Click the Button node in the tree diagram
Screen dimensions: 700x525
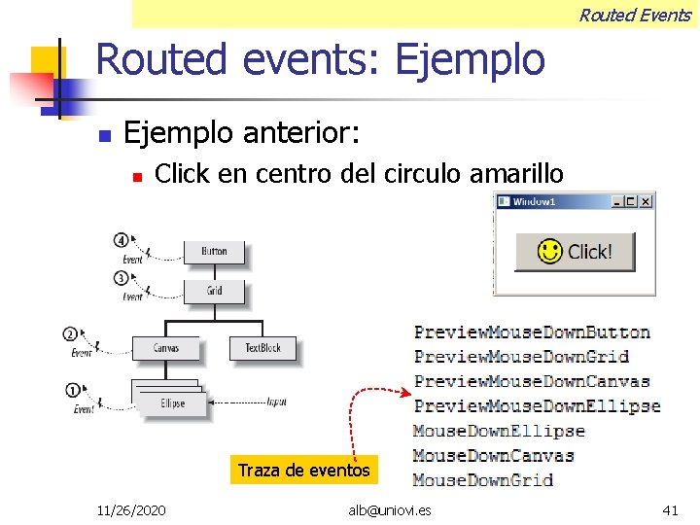pyautogui.click(x=214, y=252)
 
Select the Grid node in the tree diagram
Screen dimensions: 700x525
pyautogui.click(x=214, y=291)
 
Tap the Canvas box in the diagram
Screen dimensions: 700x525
pyautogui.click(x=165, y=348)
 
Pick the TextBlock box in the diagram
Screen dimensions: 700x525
pyautogui.click(x=262, y=348)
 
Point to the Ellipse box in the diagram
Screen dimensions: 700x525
pyautogui.click(x=173, y=403)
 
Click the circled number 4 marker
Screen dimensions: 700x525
pyautogui.click(x=121, y=239)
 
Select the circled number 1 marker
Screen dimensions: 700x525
pyautogui.click(x=72, y=391)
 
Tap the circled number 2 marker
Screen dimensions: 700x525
pyautogui.click(x=70, y=334)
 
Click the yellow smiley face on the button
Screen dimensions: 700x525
pyautogui.click(x=550, y=252)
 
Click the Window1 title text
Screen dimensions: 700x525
pyautogui.click(x=534, y=201)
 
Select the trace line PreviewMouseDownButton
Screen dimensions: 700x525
pyautogui.click(x=532, y=332)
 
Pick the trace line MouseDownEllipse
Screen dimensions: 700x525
pyautogui.click(x=499, y=431)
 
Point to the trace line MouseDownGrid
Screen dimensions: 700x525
pyautogui.click(x=483, y=479)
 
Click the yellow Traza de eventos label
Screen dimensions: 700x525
pyautogui.click(x=303, y=471)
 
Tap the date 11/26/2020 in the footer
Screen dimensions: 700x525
pyautogui.click(x=131, y=509)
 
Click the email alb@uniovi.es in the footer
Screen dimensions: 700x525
pyautogui.click(x=390, y=509)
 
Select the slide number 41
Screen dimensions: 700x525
pyautogui.click(x=670, y=509)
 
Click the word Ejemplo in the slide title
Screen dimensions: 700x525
pyautogui.click(x=470, y=60)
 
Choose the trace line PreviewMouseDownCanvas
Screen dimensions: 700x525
pyautogui.click(x=532, y=381)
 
